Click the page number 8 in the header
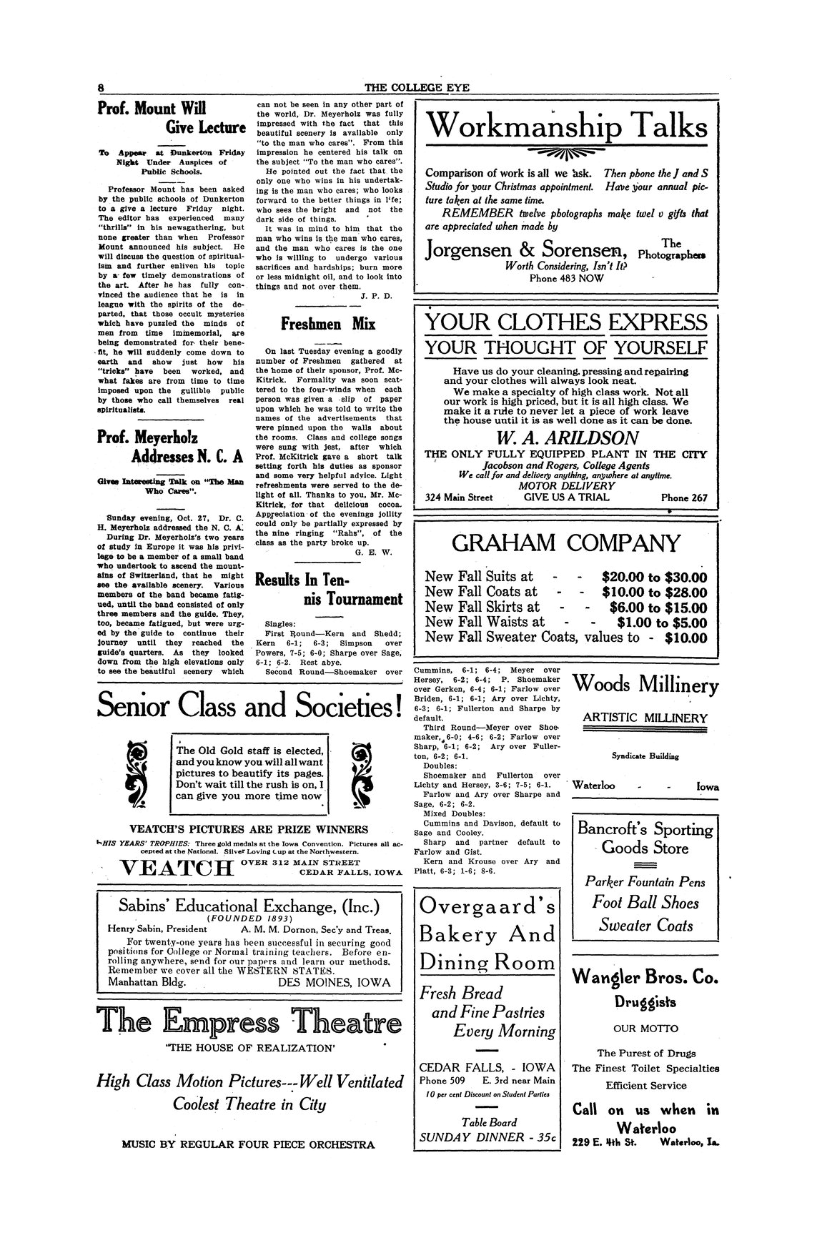(x=102, y=88)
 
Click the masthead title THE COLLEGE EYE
(x=411, y=88)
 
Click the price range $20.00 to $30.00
(x=655, y=577)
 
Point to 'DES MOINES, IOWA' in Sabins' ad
(x=334, y=982)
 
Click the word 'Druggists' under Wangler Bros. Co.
(x=646, y=1002)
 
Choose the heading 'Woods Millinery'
(x=645, y=685)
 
